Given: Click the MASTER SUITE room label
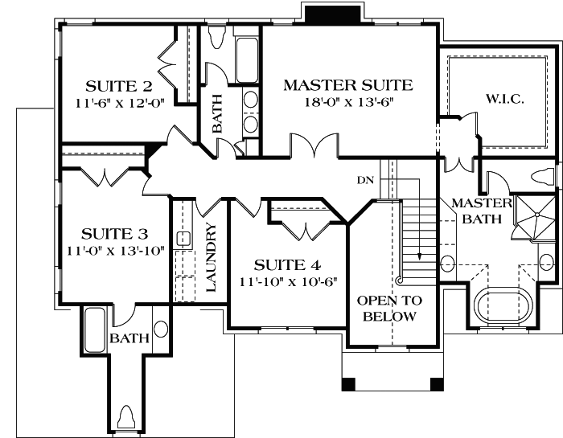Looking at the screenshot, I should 347,84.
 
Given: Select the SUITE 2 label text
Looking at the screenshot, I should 119,86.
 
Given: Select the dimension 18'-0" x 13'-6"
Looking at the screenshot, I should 348,101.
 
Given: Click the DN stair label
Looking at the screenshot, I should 366,179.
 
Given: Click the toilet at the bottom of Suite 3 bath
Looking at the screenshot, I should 125,417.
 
